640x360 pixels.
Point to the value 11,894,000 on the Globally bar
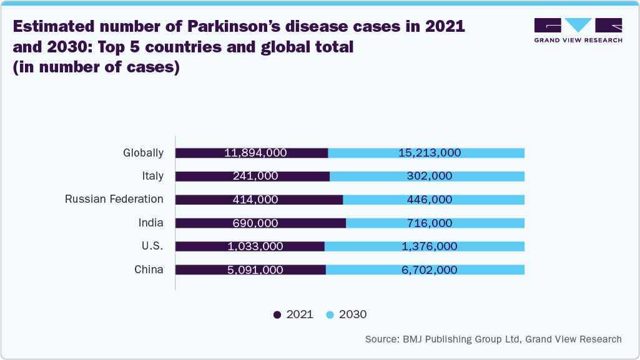(255, 153)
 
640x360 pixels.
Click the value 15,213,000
(429, 153)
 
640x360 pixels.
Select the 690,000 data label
(255, 223)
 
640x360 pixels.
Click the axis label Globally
(143, 153)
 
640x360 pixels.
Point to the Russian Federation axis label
(114, 200)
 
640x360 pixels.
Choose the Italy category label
(152, 177)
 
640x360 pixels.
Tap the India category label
(151, 223)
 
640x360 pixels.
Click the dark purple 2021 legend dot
(277, 315)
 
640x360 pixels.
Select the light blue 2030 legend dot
(330, 315)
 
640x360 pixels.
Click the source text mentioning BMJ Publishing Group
(493, 339)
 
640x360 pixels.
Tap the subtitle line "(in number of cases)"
(96, 67)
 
